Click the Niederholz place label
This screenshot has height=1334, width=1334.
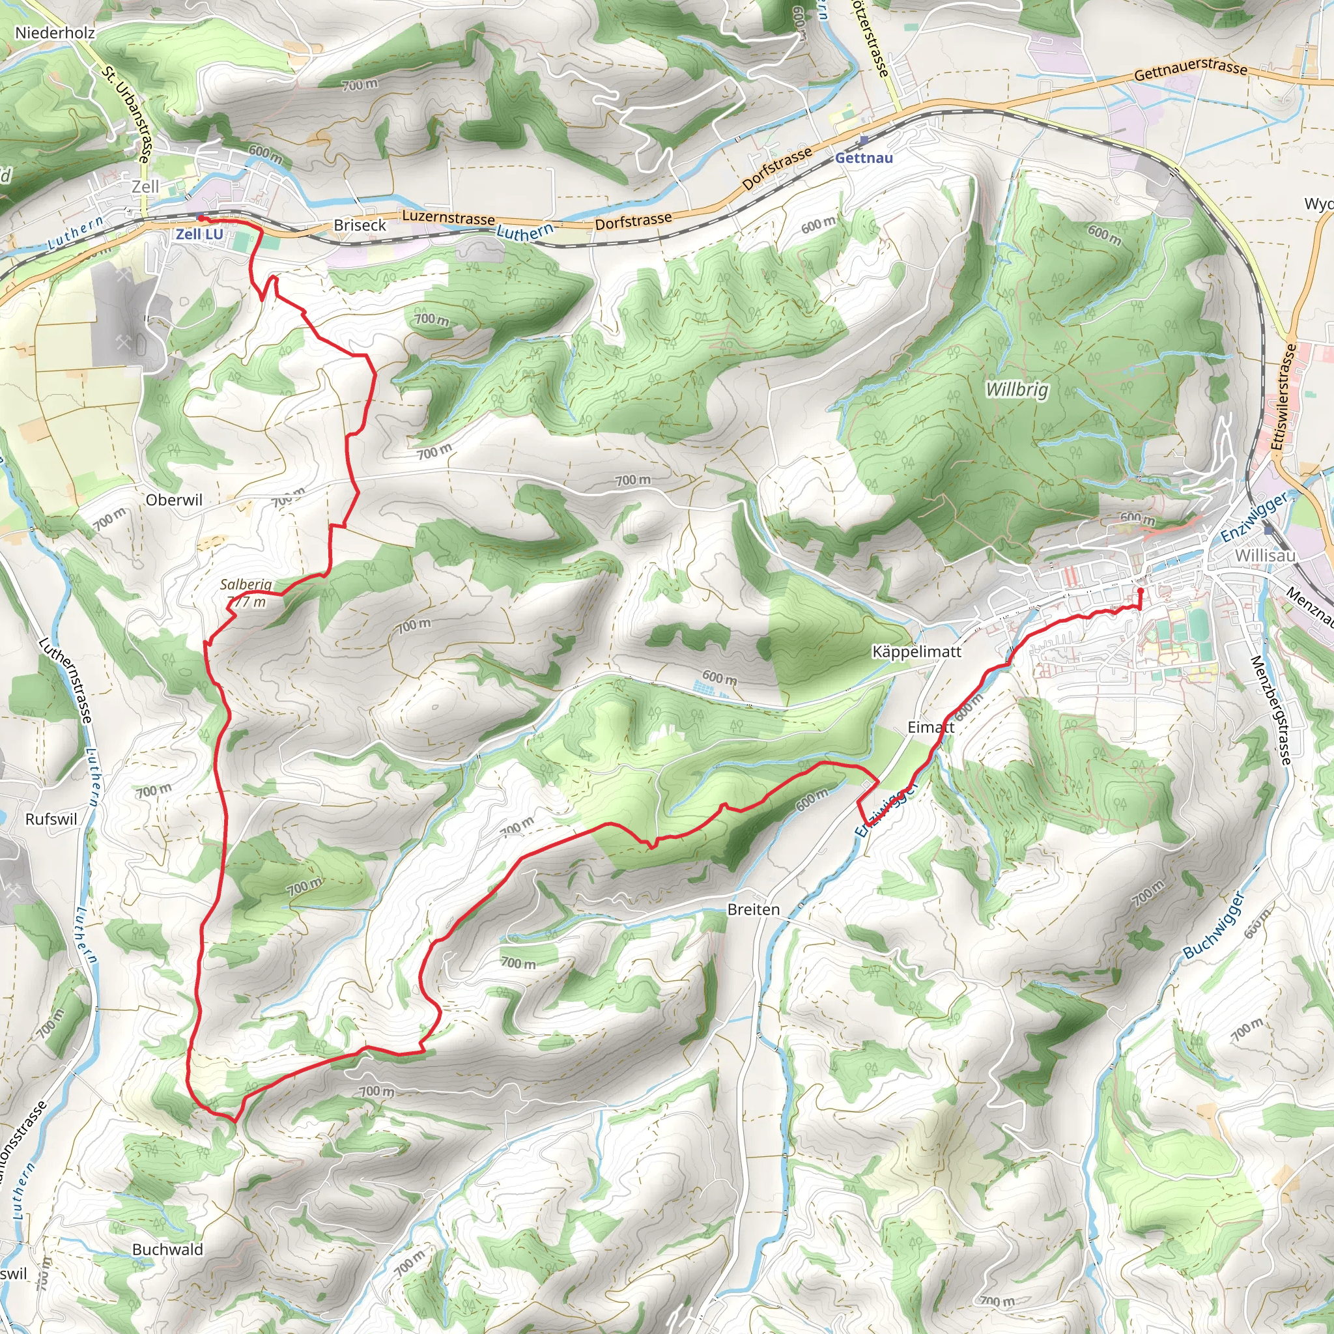click(x=55, y=33)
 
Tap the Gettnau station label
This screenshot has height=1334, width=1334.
click(x=863, y=158)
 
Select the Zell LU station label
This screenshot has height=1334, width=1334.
click(x=199, y=234)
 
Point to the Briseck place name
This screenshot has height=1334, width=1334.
click(x=360, y=225)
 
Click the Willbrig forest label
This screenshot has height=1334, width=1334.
click(x=1016, y=390)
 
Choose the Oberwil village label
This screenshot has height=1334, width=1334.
click(x=174, y=500)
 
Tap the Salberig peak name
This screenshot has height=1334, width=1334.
click(x=246, y=584)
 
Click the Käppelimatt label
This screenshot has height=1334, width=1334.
click(x=916, y=651)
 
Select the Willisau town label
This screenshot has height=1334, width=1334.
click(x=1265, y=555)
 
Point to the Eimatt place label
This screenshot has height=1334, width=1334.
click(x=930, y=727)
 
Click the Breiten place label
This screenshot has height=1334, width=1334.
click(x=754, y=909)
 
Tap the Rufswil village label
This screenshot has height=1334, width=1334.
click(x=51, y=819)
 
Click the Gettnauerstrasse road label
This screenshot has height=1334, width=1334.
click(x=1191, y=68)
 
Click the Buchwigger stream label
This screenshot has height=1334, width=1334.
click(x=1213, y=924)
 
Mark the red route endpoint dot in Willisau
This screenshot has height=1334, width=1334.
click(x=1140, y=591)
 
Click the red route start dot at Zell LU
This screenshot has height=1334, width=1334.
click(x=201, y=218)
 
